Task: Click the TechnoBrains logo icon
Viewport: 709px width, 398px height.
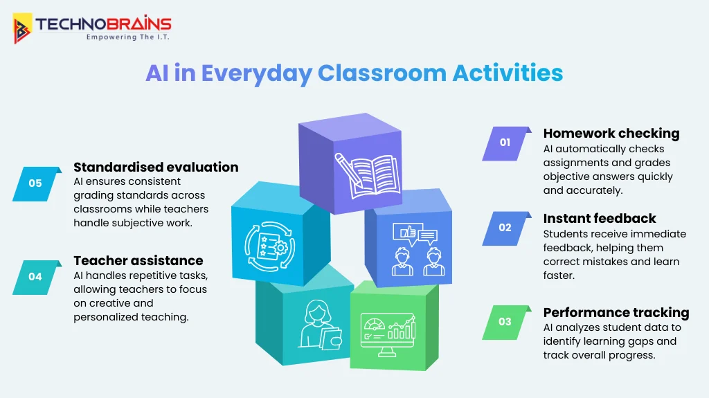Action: [x=23, y=28]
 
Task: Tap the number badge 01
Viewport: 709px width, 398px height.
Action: [x=505, y=143]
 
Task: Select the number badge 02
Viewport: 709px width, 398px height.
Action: [x=505, y=228]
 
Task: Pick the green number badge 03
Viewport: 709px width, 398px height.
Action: [x=505, y=322]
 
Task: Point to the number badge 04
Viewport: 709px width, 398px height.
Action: [x=35, y=277]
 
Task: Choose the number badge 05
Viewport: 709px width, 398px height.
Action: [x=35, y=183]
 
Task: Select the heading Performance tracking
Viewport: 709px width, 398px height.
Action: [x=616, y=312]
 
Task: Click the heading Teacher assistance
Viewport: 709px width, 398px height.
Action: [x=138, y=261]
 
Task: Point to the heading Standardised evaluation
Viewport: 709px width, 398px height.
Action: [x=156, y=167]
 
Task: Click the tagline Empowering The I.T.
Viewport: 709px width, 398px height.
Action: [x=128, y=37]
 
